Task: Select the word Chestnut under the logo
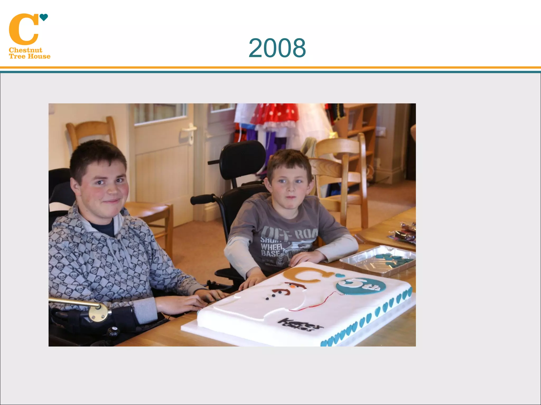coord(25,50)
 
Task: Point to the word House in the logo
coord(39,56)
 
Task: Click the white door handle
coord(189,131)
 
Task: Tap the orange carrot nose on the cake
coord(292,285)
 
